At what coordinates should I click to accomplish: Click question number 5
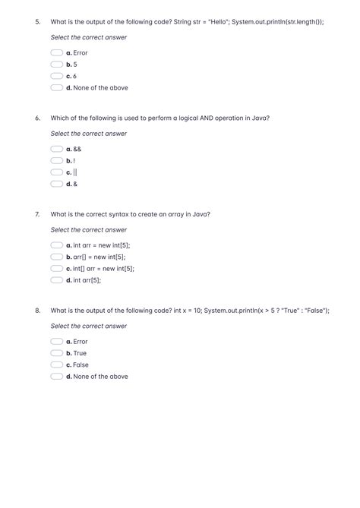pyautogui.click(x=37, y=22)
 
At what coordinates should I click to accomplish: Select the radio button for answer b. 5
pyautogui.click(x=56, y=65)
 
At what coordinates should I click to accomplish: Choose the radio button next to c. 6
pyautogui.click(x=56, y=76)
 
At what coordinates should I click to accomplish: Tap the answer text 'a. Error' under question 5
pyautogui.click(x=77, y=53)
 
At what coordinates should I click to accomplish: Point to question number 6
pyautogui.click(x=37, y=118)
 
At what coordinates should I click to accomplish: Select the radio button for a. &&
pyautogui.click(x=56, y=149)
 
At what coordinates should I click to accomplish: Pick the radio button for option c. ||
pyautogui.click(x=56, y=172)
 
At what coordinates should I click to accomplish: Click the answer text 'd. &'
pyautogui.click(x=72, y=184)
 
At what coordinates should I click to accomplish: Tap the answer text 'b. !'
pyautogui.click(x=71, y=161)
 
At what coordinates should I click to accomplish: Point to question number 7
pyautogui.click(x=37, y=214)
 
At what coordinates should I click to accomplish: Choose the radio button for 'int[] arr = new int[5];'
pyautogui.click(x=56, y=268)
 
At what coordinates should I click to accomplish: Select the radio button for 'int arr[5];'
pyautogui.click(x=56, y=280)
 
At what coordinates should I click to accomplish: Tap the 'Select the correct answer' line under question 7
pyautogui.click(x=88, y=230)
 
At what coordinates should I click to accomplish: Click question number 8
pyautogui.click(x=37, y=311)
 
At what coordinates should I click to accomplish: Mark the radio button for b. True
pyautogui.click(x=56, y=353)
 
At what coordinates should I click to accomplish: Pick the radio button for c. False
pyautogui.click(x=56, y=364)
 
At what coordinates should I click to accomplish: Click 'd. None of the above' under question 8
pyautogui.click(x=96, y=377)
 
